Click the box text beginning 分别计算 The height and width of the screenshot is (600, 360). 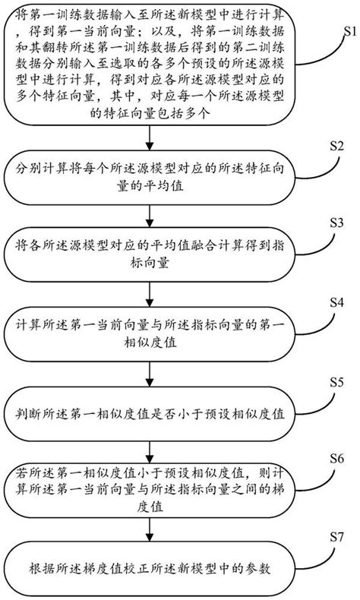(153, 180)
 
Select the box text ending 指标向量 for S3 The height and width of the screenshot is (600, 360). (153, 259)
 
